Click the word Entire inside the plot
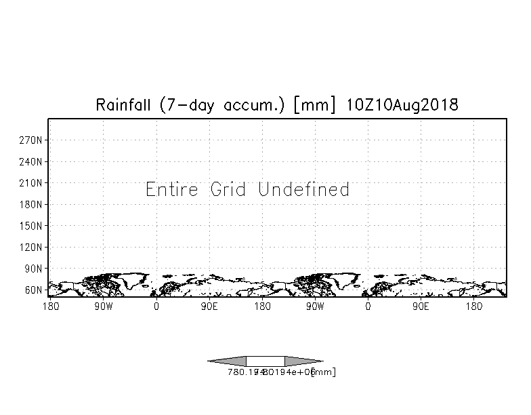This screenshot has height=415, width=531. click(173, 189)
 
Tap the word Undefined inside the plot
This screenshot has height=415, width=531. click(304, 189)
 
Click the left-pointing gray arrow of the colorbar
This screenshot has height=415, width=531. click(227, 361)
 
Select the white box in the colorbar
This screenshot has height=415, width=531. click(265, 361)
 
